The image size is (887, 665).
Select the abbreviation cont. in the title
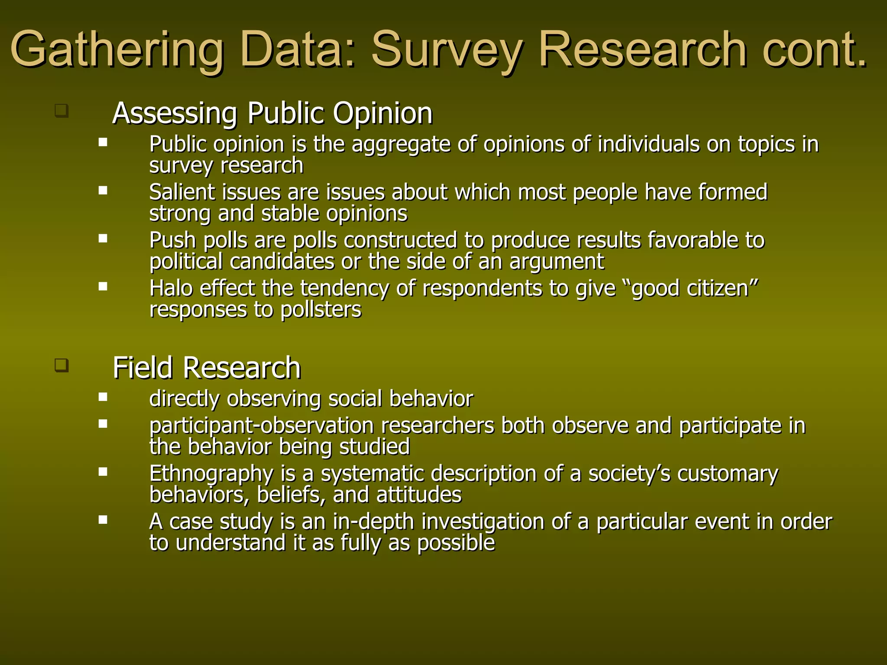[x=815, y=50]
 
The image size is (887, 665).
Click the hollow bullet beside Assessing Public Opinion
[x=62, y=110]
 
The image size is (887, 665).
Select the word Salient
[x=181, y=192]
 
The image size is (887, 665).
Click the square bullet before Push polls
[x=103, y=238]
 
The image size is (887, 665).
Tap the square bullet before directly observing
[x=103, y=397]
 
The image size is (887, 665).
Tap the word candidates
[x=282, y=262]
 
